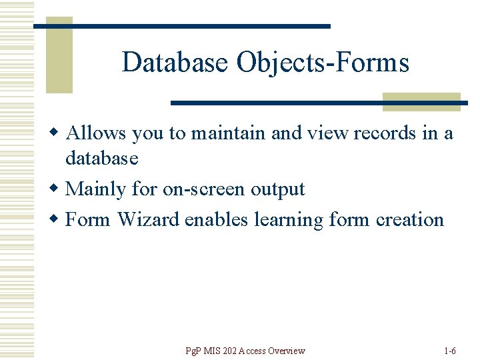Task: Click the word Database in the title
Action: pyautogui.click(x=175, y=63)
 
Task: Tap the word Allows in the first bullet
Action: pyautogui.click(x=96, y=133)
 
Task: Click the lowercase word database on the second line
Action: pyautogui.click(x=101, y=159)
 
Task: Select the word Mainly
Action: pyautogui.click(x=96, y=189)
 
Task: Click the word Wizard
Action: pyautogui.click(x=148, y=219)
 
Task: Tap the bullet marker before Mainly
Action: pyautogui.click(x=58, y=189)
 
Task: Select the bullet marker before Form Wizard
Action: pyautogui.click(x=58, y=219)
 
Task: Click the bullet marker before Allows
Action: pyautogui.click(x=58, y=133)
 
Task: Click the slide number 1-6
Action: pyautogui.click(x=449, y=351)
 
